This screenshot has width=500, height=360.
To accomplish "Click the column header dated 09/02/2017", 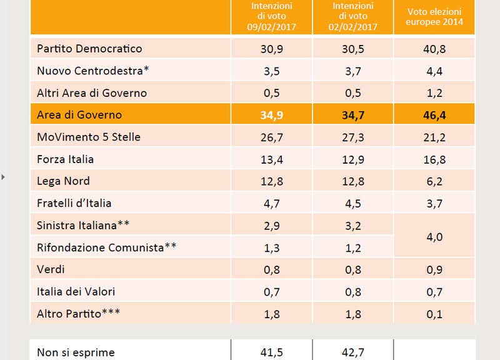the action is (x=271, y=16).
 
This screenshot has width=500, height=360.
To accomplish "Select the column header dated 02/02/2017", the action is (x=353, y=16).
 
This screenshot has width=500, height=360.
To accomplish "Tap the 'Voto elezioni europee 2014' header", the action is (x=434, y=17).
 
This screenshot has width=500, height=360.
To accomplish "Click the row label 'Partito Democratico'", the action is (x=89, y=49).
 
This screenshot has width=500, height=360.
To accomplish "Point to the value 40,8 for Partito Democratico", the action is (x=434, y=49).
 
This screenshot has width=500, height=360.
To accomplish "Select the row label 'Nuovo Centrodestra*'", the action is (x=92, y=71).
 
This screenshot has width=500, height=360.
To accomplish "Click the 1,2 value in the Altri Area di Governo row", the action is (x=434, y=93).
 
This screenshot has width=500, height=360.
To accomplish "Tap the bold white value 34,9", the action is (x=272, y=115).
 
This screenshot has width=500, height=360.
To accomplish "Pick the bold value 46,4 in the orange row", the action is (x=434, y=115).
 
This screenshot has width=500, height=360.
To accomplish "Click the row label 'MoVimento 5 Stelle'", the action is (x=89, y=137).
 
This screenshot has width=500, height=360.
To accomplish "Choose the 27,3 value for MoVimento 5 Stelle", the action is (x=353, y=137).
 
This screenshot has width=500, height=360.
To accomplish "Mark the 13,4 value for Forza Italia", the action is (x=272, y=159).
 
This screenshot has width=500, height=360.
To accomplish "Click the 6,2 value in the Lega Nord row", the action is (x=434, y=181).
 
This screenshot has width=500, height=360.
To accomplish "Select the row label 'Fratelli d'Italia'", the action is (x=74, y=203).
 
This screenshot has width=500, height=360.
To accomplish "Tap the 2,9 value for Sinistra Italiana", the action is (x=272, y=226).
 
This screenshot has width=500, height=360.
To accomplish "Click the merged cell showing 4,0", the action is (x=434, y=237).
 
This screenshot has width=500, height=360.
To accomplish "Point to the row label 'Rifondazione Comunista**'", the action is (x=106, y=247).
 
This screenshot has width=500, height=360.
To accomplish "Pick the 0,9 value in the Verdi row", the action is (x=434, y=270).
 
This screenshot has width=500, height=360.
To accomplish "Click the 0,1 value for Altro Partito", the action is (x=434, y=314).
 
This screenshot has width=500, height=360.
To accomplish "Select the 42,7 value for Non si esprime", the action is (x=353, y=352).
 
